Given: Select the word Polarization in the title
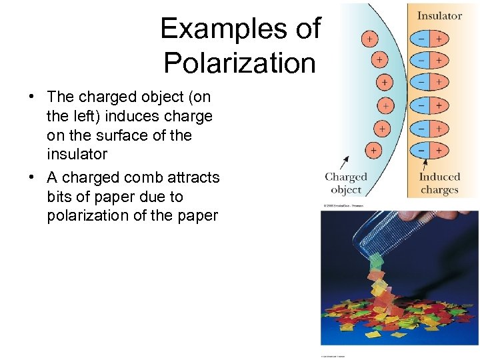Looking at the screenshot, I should pos(239,63).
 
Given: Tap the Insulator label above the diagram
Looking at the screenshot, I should pos(439,15).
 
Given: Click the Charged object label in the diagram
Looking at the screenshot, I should pos(346,183).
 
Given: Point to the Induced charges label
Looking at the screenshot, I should pos(440,183).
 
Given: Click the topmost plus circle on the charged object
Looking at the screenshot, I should pos(369,38).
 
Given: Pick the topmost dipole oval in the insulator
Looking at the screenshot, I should pos(431,39).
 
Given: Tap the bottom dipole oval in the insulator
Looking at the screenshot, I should pos(431,151).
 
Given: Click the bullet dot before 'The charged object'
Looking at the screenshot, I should pos(32,97).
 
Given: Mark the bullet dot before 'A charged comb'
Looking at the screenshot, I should pos(32,177).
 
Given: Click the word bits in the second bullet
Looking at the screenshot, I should pos(60,197).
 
